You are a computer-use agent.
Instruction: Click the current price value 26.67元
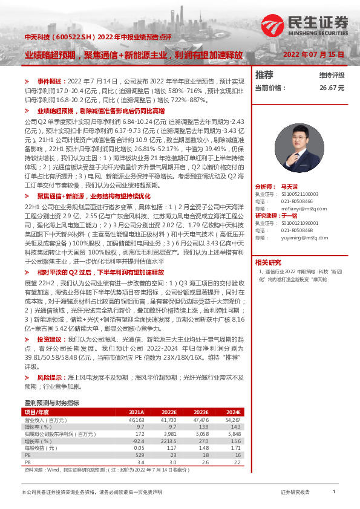point(332,88)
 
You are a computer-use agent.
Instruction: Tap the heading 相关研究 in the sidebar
point(268,262)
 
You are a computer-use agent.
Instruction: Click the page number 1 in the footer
point(333,492)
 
